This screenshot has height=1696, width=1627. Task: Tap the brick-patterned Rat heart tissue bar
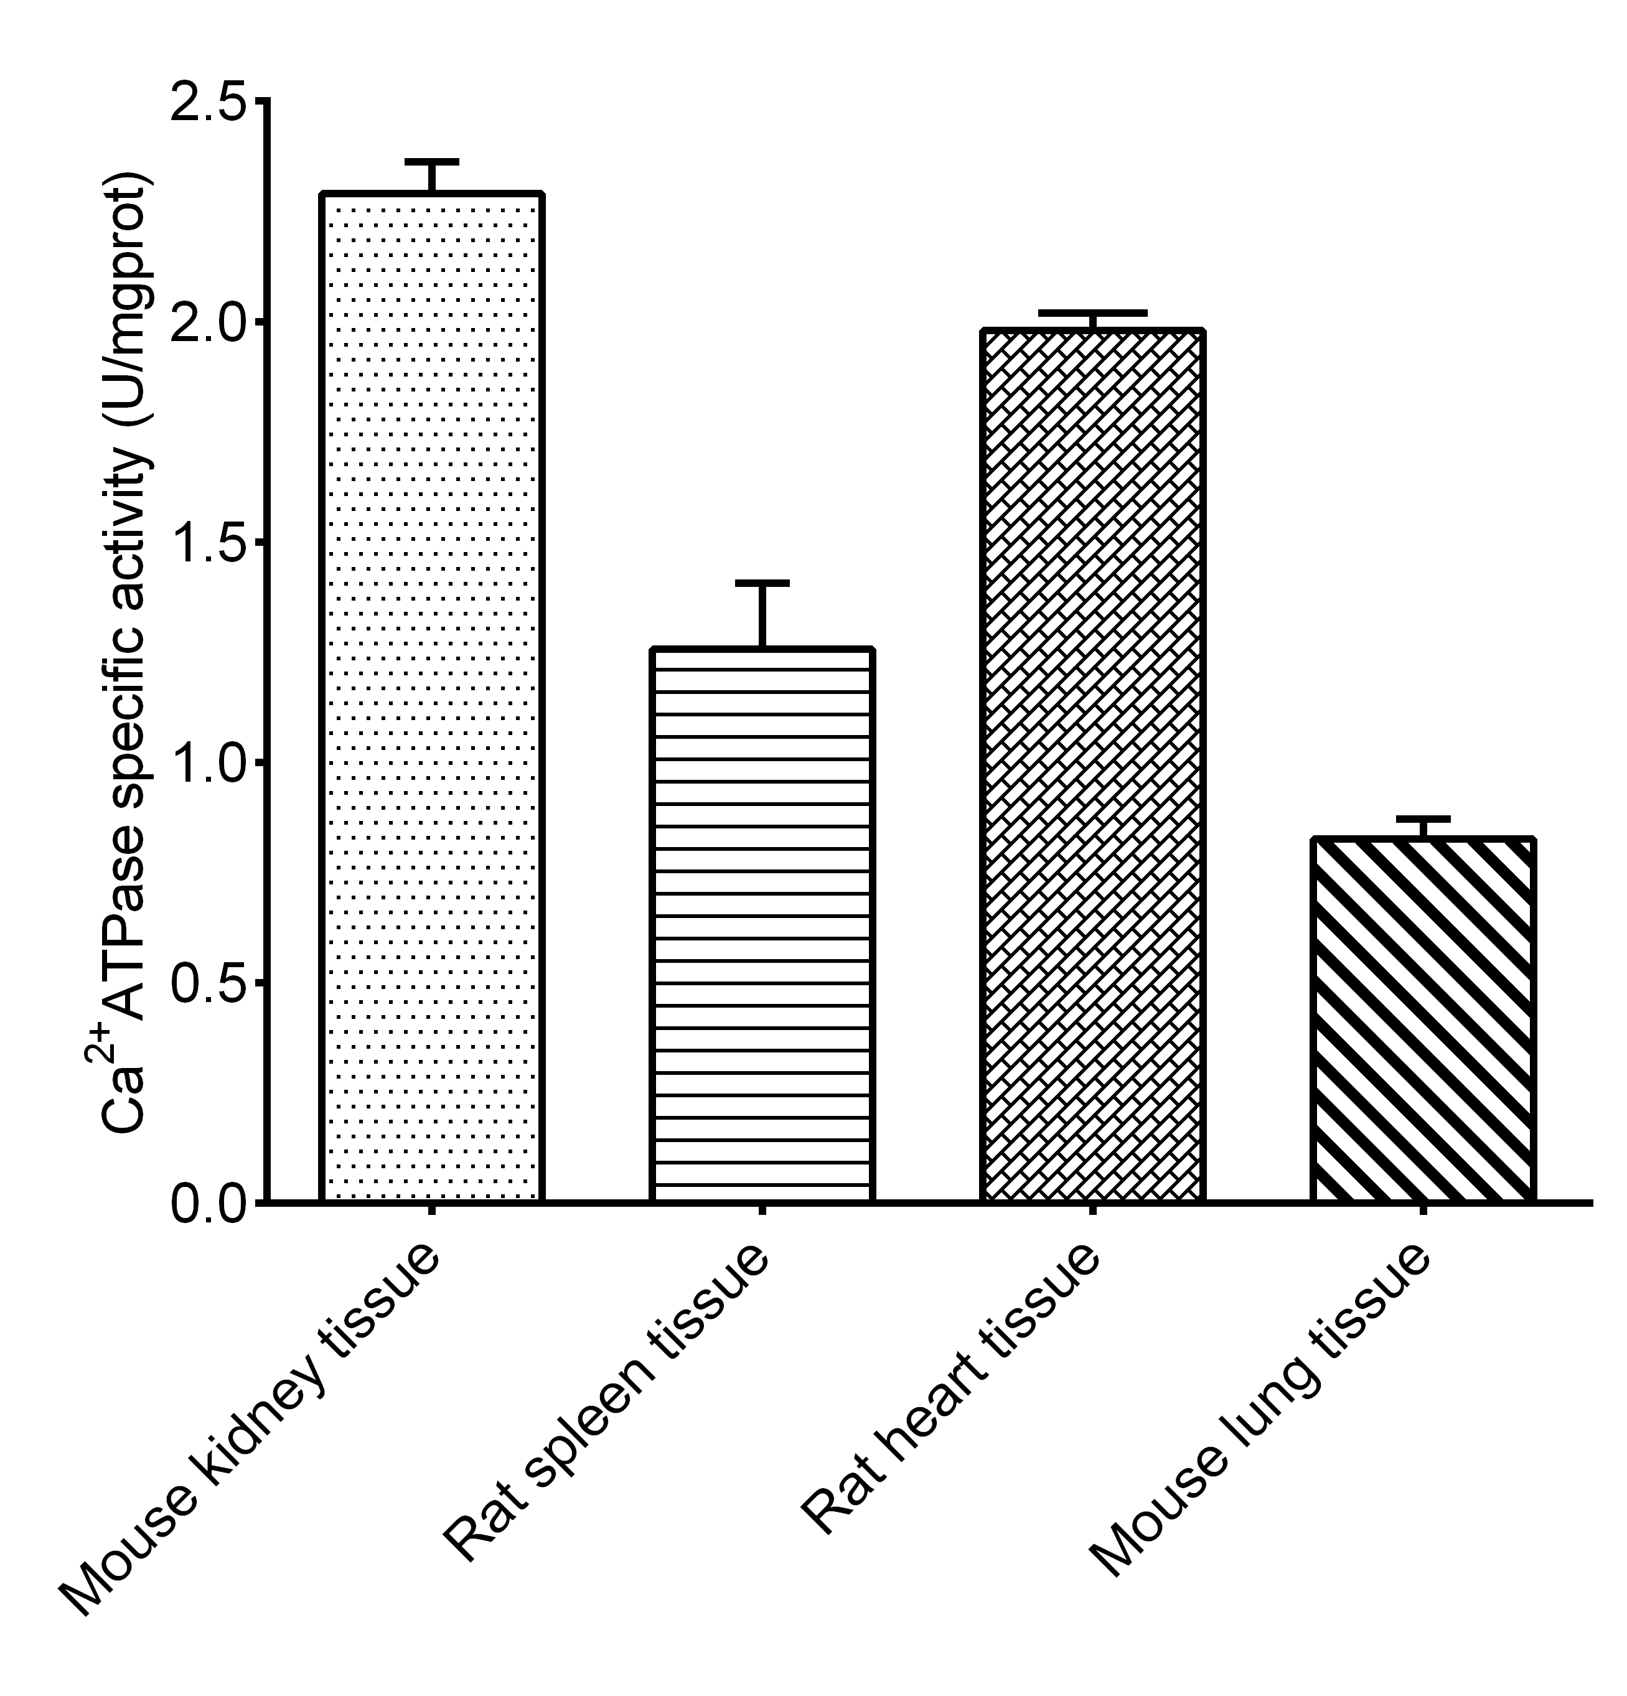coord(1093,765)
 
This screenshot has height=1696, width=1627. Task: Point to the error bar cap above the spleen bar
coord(762,583)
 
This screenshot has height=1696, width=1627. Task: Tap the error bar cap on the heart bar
coord(1093,312)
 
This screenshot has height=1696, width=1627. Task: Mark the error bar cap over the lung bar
coord(1423,818)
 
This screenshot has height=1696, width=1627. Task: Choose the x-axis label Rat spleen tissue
coord(606,1402)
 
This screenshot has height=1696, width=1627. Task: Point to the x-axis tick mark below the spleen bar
coord(762,1210)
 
